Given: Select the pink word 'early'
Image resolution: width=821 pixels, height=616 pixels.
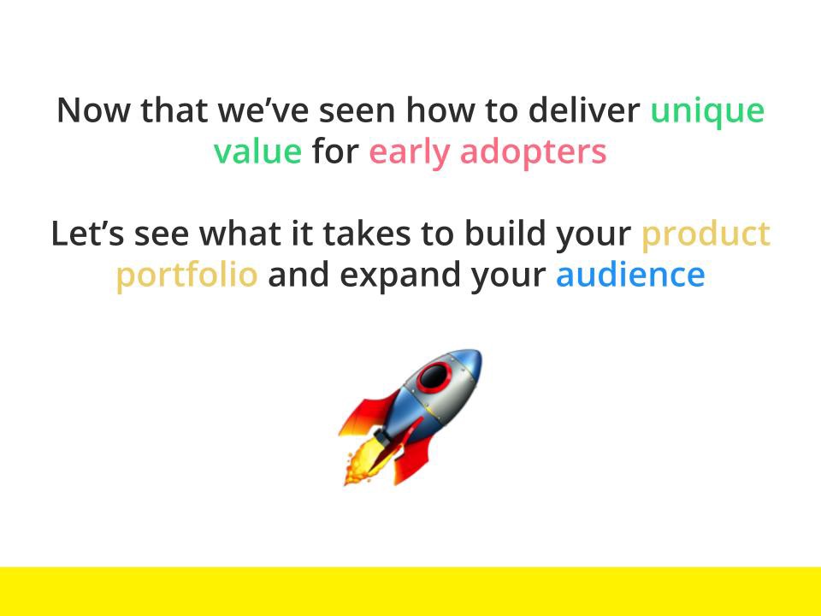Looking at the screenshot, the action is [410, 154].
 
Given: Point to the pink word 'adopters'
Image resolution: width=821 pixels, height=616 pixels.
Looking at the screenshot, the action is [533, 154].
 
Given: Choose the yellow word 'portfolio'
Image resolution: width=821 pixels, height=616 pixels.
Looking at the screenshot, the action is [187, 275].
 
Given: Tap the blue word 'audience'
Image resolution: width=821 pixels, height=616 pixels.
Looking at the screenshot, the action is [630, 275].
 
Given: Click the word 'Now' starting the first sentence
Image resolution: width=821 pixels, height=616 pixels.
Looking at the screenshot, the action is [93, 110].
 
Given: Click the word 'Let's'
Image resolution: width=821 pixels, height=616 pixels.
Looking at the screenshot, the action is [87, 234].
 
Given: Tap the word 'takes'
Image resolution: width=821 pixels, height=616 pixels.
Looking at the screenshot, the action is [367, 234].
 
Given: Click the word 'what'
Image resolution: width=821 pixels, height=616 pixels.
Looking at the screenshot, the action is [239, 234].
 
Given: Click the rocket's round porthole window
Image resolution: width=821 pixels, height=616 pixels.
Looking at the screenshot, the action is [434, 376].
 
